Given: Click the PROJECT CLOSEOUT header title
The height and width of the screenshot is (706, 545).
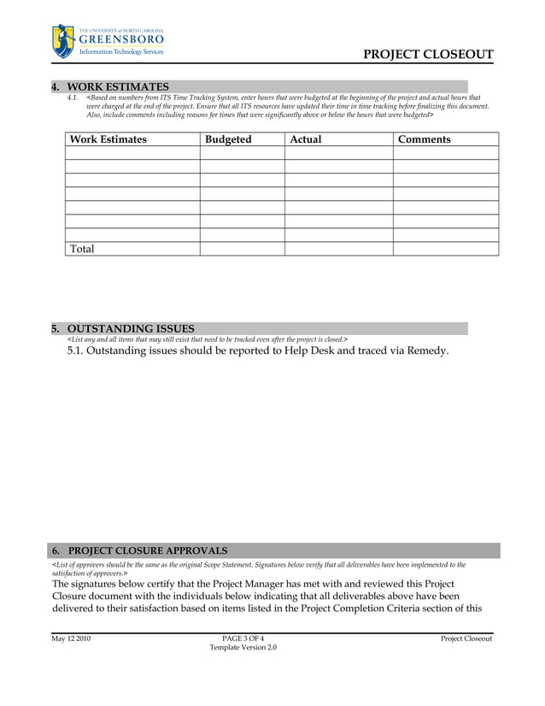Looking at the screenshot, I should pyautogui.click(x=428, y=55).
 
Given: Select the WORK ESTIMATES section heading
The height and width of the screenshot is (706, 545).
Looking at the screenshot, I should pyautogui.click(x=117, y=86).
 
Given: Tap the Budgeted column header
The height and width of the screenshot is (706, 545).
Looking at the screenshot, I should pyautogui.click(x=228, y=139).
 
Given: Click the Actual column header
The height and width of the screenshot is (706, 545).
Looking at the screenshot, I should pyautogui.click(x=306, y=139).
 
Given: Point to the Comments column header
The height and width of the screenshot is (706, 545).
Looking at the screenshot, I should pyautogui.click(x=425, y=139).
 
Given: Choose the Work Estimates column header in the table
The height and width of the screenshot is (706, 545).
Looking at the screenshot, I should pyautogui.click(x=108, y=139).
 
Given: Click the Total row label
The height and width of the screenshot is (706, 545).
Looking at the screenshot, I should pyautogui.click(x=82, y=249).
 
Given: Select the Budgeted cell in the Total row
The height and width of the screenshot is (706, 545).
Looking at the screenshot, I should pyautogui.click(x=242, y=249).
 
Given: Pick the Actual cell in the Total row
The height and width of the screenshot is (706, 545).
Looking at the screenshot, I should pyautogui.click(x=338, y=249).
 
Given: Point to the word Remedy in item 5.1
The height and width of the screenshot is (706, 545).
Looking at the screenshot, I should pyautogui.click(x=424, y=350).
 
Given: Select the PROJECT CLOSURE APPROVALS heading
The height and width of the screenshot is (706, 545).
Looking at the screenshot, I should pyautogui.click(x=147, y=550).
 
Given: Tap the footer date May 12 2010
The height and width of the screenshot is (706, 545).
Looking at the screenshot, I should pyautogui.click(x=71, y=638).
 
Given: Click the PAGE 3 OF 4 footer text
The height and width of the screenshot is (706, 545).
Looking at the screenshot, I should pyautogui.click(x=243, y=638).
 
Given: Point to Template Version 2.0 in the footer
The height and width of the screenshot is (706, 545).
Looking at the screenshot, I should pyautogui.click(x=243, y=648).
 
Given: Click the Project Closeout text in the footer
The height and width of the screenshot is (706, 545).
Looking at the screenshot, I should pyautogui.click(x=466, y=638).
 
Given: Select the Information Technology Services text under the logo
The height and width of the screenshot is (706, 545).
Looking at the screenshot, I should pyautogui.click(x=120, y=52).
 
